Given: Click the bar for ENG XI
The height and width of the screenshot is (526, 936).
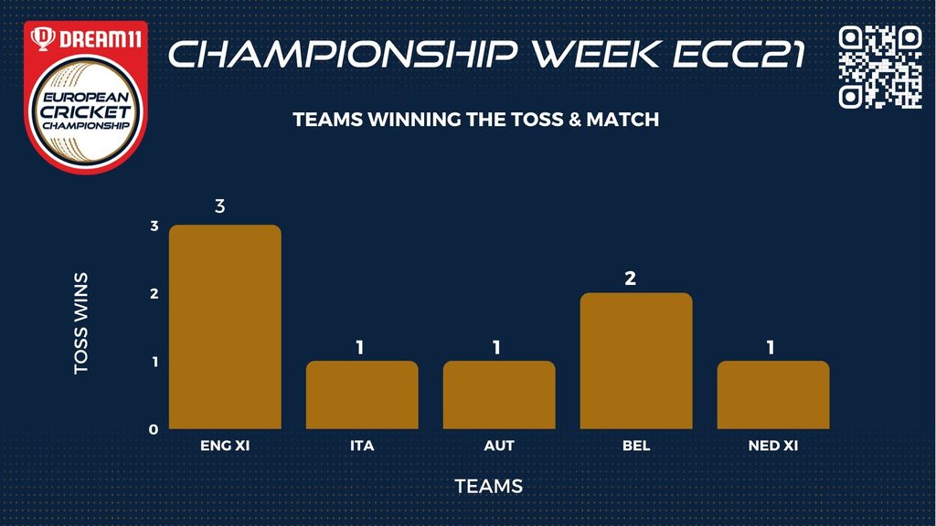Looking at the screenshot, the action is click(x=225, y=327).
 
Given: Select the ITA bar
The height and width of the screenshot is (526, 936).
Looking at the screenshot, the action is click(x=362, y=394).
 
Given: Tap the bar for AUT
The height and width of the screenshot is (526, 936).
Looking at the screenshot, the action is click(x=499, y=394).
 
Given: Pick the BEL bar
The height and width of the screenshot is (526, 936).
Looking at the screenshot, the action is click(x=636, y=361).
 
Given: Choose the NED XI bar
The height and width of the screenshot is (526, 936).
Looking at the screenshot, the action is click(x=773, y=394).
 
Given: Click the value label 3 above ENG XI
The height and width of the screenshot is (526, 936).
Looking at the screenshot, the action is click(x=219, y=206).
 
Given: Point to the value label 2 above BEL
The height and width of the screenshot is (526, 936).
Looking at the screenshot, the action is click(x=631, y=279).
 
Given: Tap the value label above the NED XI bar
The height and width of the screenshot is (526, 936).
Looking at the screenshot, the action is click(x=771, y=347).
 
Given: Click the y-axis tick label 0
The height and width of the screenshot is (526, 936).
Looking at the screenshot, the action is click(x=154, y=429).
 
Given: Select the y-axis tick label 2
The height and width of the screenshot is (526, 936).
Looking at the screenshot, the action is click(x=154, y=293).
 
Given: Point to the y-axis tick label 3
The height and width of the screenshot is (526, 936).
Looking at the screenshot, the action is click(x=154, y=226).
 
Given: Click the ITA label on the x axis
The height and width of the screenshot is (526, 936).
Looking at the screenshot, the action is click(x=362, y=446).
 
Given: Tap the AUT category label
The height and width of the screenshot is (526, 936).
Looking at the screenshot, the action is click(x=499, y=446).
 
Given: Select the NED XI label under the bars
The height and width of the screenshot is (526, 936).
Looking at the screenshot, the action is click(x=773, y=446).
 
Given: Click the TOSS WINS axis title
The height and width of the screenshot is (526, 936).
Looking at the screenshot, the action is click(x=80, y=324).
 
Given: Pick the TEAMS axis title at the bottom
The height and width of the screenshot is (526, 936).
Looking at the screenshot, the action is click(x=489, y=486).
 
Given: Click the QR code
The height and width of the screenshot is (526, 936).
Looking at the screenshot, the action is click(x=880, y=67).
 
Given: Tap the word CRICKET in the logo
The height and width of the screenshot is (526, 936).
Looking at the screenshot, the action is click(x=86, y=111).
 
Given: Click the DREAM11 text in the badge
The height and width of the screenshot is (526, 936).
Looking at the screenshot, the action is click(x=101, y=39).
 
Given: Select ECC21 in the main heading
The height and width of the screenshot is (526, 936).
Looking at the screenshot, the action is click(x=739, y=54).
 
